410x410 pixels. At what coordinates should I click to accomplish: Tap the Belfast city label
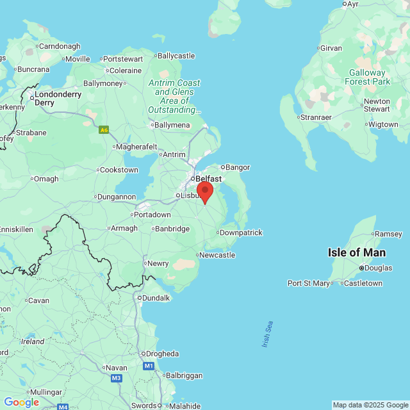tap(208, 179)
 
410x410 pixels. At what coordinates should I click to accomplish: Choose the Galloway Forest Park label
tap(367, 77)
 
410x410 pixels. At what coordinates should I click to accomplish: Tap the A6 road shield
tap(104, 129)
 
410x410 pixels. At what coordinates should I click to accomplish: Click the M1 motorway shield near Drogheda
tap(149, 366)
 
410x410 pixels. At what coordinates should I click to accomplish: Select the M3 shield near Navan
tap(117, 379)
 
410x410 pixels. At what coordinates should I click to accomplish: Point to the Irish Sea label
tap(268, 334)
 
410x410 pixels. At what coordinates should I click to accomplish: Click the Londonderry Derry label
tap(58, 98)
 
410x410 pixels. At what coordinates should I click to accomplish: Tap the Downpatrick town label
tap(241, 233)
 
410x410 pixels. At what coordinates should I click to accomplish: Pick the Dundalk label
tap(156, 298)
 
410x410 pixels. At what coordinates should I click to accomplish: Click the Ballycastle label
tap(176, 56)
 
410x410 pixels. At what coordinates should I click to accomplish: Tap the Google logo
tap(21, 402)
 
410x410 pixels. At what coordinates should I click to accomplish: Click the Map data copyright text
tap(370, 405)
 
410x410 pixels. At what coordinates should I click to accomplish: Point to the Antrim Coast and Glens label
tap(174, 96)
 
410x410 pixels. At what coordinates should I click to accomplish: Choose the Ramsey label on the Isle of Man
tap(388, 234)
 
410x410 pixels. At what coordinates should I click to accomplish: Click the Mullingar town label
tap(45, 392)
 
